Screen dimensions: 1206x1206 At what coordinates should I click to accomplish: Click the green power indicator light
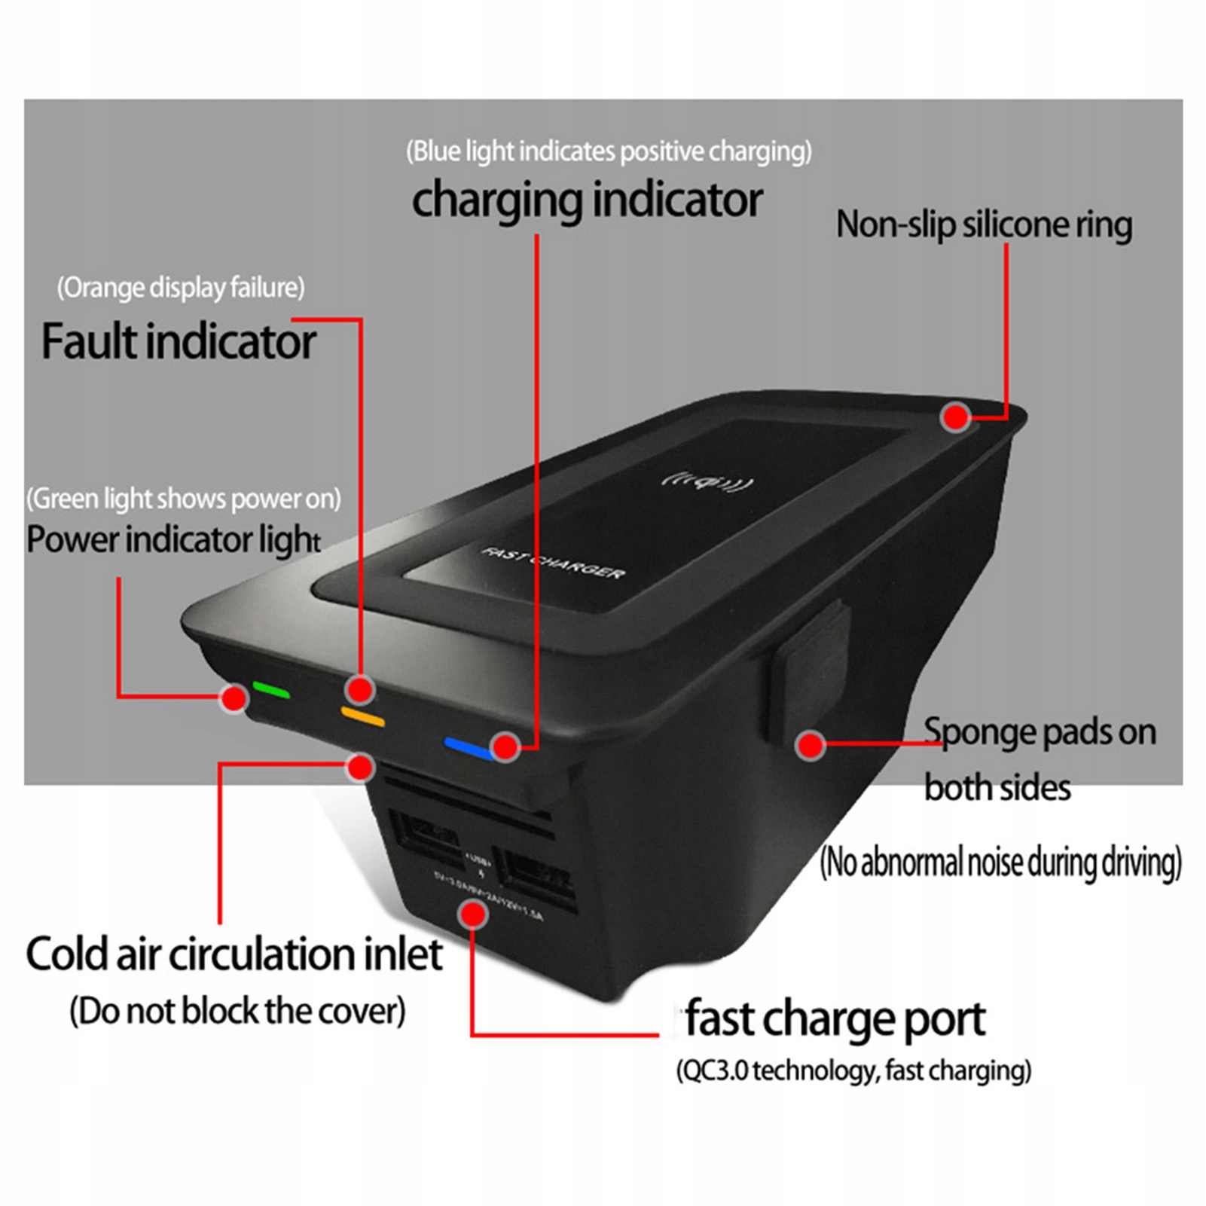coord(271,689)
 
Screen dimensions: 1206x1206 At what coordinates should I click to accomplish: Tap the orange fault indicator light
coord(362,716)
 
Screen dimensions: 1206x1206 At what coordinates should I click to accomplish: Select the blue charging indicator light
coord(468,747)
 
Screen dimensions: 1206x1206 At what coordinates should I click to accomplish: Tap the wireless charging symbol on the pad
coord(707,481)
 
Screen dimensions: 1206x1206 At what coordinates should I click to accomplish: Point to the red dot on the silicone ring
coord(956,416)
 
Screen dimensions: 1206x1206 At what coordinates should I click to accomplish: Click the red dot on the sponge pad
coord(810,745)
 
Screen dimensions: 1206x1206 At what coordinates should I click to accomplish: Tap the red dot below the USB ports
coord(473,914)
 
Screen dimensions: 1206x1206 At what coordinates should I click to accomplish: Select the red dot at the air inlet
coord(361,767)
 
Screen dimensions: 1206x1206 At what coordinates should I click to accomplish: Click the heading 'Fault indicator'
coord(179,341)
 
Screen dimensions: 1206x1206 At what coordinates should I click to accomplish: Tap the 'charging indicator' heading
coord(587,200)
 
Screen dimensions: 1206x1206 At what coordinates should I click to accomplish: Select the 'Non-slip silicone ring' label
coord(984,224)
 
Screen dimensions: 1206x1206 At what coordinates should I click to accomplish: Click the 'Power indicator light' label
coord(173,540)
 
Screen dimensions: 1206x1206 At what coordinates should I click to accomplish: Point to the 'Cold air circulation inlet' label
coord(234,954)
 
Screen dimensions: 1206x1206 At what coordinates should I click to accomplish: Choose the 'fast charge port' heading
coord(835,1019)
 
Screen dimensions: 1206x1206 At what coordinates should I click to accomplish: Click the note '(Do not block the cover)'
coord(237,1011)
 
